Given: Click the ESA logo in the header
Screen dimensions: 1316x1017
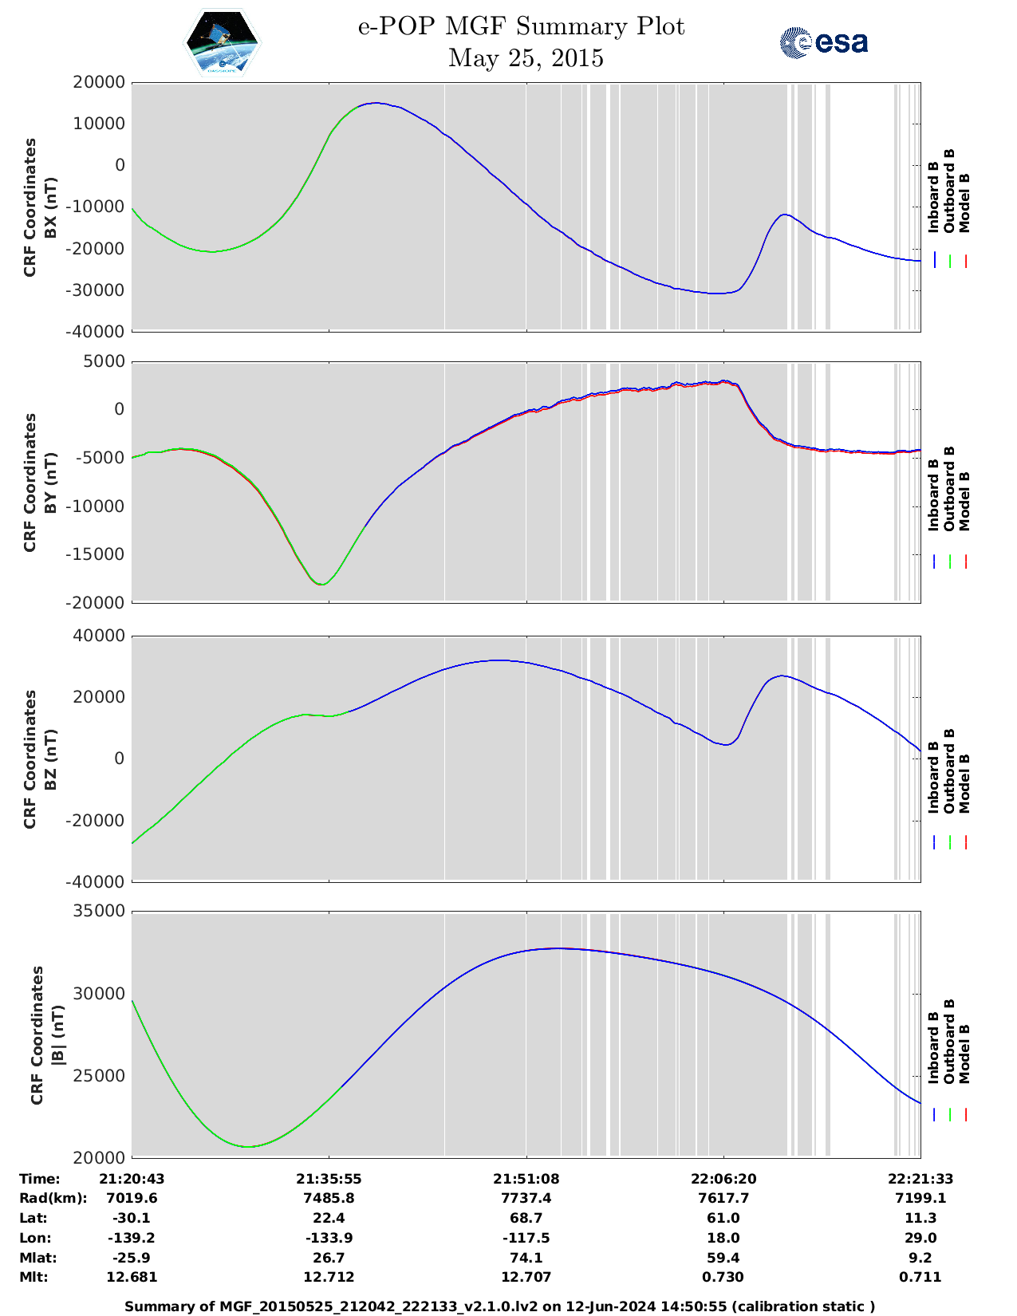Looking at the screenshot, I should click(824, 42).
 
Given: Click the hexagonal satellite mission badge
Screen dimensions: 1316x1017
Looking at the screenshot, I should click(223, 43).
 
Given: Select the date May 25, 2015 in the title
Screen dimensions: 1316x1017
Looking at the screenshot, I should click(526, 58).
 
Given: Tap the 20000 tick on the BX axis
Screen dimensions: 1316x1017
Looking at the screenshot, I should click(99, 82).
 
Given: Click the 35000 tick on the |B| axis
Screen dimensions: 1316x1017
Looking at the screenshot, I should click(99, 911).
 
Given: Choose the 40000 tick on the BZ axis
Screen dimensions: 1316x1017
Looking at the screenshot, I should click(99, 636).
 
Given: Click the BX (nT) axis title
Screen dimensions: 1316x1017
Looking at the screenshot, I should click(50, 207).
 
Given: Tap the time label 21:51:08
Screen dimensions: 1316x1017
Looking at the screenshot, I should click(526, 1179).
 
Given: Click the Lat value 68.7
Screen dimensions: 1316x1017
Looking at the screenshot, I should click(526, 1218).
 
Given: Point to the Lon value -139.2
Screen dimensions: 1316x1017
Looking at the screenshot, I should click(132, 1238).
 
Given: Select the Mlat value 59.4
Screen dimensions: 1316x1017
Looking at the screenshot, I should click(723, 1258).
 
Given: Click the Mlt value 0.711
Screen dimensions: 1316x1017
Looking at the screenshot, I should click(920, 1277).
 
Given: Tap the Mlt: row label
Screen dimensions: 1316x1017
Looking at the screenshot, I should click(34, 1277).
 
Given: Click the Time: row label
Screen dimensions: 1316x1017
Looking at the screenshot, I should click(40, 1179).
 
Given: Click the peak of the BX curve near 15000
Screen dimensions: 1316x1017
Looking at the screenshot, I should click(375, 103).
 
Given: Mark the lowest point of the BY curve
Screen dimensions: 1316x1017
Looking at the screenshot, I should click(321, 585).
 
